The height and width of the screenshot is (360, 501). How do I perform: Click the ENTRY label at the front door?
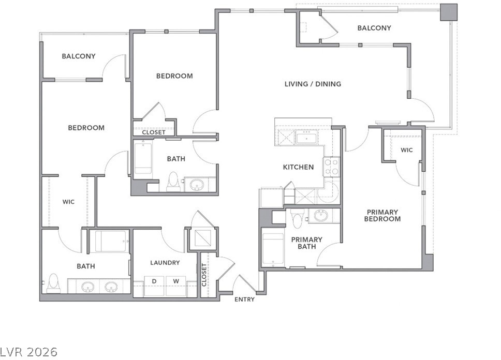click(244, 299)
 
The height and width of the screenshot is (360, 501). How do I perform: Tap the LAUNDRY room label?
click(165, 263)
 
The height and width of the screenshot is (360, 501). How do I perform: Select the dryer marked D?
click(154, 286)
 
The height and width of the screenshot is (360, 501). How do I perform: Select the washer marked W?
click(176, 286)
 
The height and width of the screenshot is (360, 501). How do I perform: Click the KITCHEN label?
click(299, 167)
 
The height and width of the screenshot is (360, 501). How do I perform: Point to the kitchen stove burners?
click(331, 167)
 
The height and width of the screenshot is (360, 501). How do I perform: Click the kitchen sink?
click(306, 138)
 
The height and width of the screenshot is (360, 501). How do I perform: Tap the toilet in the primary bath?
click(298, 218)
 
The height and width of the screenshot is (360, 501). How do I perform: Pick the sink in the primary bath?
click(320, 215)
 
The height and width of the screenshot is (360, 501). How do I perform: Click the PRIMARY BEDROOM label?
click(382, 216)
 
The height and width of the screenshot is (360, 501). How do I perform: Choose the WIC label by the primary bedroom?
click(406, 150)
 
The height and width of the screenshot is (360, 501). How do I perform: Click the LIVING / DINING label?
click(313, 84)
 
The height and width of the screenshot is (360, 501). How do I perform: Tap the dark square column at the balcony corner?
click(449, 12)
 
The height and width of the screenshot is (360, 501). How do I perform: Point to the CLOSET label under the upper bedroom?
click(154, 132)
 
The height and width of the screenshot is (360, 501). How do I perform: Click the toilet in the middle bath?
click(173, 182)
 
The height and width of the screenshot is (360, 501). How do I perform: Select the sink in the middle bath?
click(196, 185)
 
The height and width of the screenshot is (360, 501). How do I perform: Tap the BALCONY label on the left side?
click(79, 56)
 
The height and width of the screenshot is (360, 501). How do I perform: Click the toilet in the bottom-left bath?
click(53, 283)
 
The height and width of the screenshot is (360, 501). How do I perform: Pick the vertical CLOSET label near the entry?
click(204, 275)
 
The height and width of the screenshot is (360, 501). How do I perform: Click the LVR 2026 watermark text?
click(29, 352)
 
